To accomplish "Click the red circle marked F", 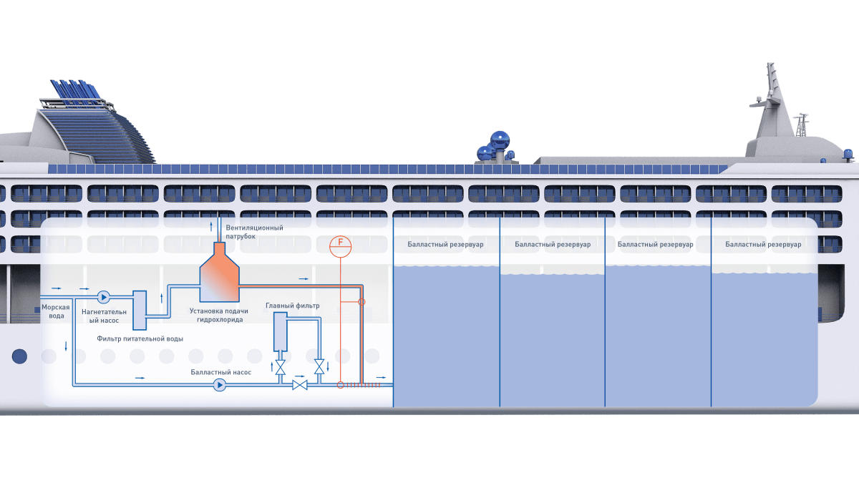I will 340,245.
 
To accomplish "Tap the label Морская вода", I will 55,311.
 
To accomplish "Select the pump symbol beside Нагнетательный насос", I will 103,296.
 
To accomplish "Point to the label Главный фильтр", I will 292,306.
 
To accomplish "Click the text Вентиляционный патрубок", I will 249,232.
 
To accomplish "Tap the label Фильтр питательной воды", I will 140,338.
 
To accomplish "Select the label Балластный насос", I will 220,372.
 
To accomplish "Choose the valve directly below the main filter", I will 280,368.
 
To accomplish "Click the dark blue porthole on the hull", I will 19,356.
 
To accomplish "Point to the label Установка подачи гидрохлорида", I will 218,315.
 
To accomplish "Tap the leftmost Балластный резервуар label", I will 445,245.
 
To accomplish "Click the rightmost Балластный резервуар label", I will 763,245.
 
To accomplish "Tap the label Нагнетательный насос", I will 109,316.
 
